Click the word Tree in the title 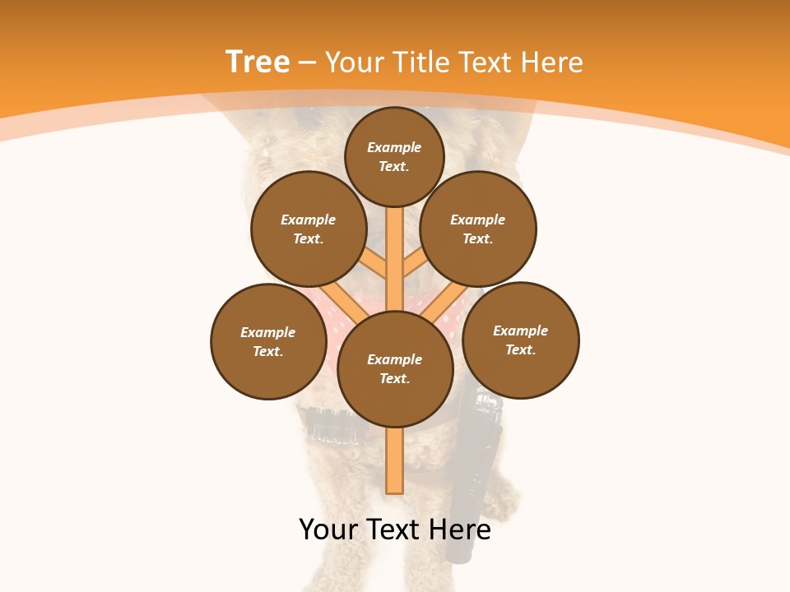point(258,62)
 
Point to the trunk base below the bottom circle point(395,460)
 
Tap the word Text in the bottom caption point(393,530)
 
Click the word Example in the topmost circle point(394,147)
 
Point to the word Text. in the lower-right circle point(520,349)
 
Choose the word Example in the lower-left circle point(268,332)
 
